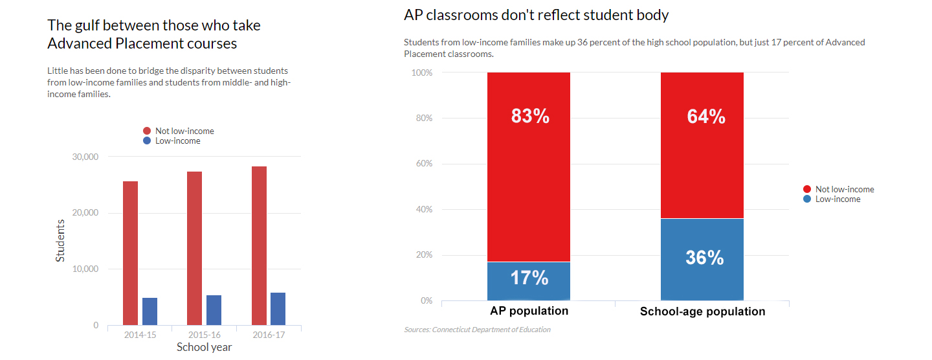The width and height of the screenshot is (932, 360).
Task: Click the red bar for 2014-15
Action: click(130, 253)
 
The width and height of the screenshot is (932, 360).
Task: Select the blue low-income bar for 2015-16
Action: click(214, 310)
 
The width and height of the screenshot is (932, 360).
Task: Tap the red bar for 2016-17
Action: click(259, 245)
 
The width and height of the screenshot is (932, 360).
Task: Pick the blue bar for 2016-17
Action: click(278, 309)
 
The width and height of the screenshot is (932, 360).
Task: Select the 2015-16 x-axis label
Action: click(204, 335)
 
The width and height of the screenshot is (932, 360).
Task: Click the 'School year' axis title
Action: click(204, 347)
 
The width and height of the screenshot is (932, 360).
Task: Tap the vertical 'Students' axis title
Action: click(60, 240)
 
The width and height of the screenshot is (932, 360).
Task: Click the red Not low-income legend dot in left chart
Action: click(147, 131)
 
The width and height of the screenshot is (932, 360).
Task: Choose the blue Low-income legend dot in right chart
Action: click(806, 199)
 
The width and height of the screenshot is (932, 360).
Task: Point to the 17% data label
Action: click(529, 278)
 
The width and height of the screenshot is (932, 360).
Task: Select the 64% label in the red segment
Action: click(705, 117)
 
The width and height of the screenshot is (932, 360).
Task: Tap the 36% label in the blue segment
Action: click(704, 258)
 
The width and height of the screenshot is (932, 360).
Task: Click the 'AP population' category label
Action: click(529, 311)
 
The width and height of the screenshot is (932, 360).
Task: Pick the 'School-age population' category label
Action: click(702, 311)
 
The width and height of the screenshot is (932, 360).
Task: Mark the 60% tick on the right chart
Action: click(423, 164)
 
